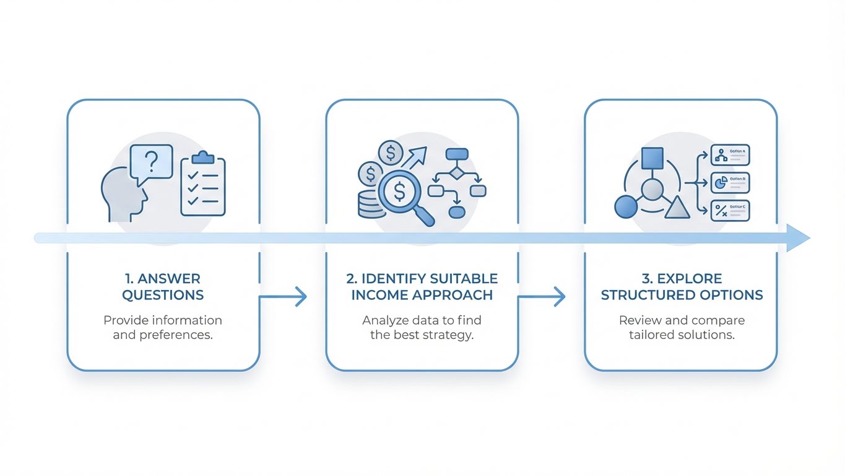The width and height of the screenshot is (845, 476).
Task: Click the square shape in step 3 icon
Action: click(x=652, y=159)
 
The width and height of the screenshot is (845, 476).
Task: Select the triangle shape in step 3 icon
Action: click(x=677, y=208)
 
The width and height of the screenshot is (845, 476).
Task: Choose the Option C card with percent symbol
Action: click(x=730, y=211)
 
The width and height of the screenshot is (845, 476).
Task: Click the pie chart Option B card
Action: click(x=730, y=183)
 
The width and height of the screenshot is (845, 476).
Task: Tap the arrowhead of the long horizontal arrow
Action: click(x=797, y=238)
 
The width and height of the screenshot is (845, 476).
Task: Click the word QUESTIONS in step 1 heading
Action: click(x=163, y=295)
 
